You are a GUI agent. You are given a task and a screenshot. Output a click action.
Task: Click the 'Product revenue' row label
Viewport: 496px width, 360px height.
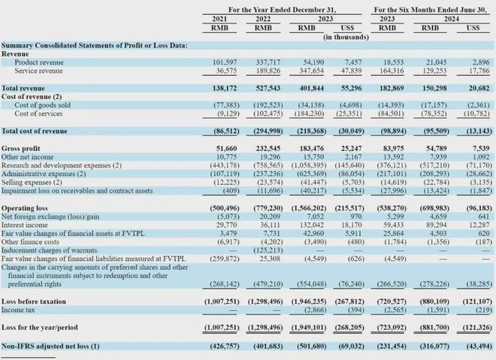coord(43,62)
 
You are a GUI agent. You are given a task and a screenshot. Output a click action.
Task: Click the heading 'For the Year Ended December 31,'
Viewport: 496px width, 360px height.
coord(283,9)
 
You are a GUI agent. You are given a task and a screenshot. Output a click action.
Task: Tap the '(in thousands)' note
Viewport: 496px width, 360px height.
coord(346,36)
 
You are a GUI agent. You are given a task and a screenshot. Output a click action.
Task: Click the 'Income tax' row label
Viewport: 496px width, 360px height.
coord(22,309)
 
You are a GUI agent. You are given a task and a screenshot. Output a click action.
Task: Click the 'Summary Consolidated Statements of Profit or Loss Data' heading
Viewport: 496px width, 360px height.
coord(95,45)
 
